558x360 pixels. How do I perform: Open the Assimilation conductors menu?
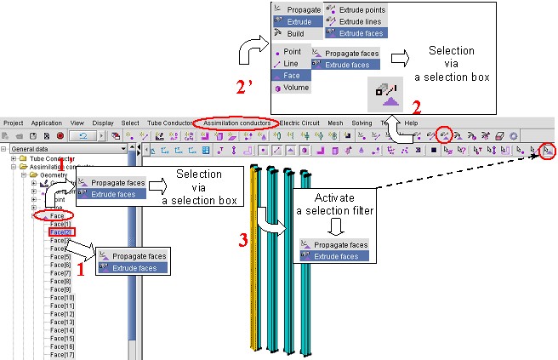[x=236, y=123]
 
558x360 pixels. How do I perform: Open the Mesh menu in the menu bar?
[x=335, y=123]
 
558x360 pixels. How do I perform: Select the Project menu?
[x=14, y=123]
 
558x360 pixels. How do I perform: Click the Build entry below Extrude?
[x=294, y=33]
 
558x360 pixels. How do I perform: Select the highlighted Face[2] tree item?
[x=60, y=231]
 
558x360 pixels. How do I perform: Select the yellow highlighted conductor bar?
[x=254, y=255]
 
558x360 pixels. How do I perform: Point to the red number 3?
[x=243, y=241]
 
